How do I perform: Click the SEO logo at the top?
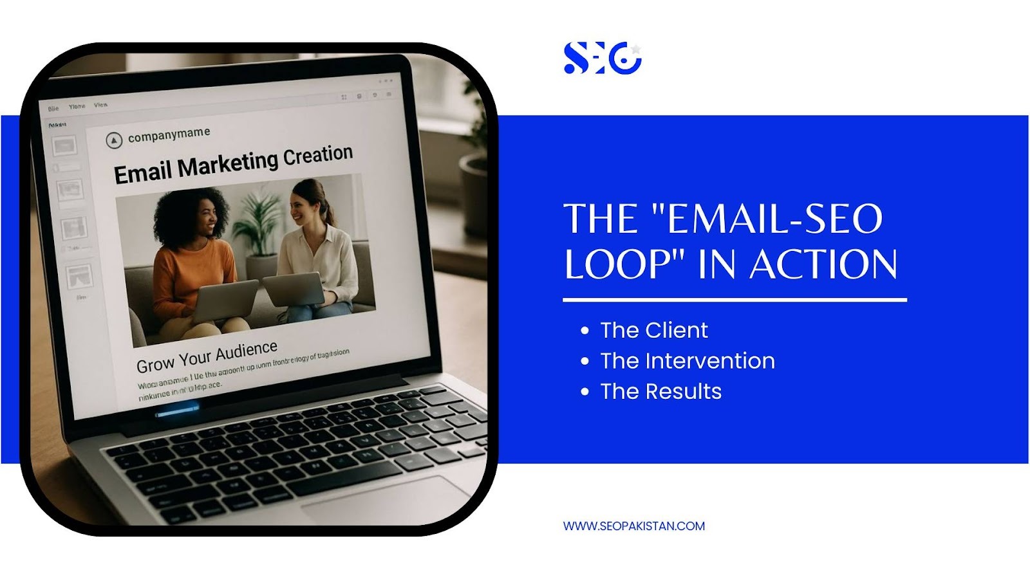(602, 58)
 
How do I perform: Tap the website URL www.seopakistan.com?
(633, 526)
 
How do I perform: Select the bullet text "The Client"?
(653, 330)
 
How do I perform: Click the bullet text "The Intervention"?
(687, 361)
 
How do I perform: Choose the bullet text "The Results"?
(660, 391)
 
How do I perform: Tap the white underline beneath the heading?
(734, 300)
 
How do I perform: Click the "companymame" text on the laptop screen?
(169, 134)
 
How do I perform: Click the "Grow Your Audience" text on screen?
(207, 357)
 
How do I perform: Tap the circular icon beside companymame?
(113, 140)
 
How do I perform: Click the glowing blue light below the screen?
(177, 410)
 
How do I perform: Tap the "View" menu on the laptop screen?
(100, 105)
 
